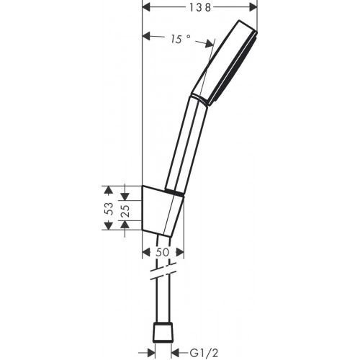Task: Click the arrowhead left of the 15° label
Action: tap(148, 35)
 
